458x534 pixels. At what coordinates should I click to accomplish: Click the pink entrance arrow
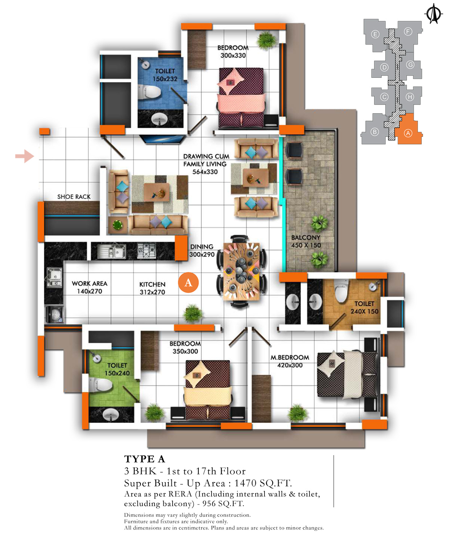[25, 156]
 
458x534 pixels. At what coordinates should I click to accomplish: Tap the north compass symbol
[434, 14]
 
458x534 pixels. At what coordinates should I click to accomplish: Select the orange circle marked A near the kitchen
[188, 283]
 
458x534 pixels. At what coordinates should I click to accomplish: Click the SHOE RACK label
[74, 197]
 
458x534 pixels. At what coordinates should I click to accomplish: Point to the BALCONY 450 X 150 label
[306, 241]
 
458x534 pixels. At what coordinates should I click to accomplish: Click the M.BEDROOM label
[290, 357]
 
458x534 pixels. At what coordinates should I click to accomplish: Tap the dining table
[242, 271]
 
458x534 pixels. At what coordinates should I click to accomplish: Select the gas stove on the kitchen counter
[146, 251]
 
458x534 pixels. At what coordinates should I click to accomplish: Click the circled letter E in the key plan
[375, 34]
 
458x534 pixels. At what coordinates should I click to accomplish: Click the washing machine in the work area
[55, 314]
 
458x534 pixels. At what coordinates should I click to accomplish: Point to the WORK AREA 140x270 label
[89, 287]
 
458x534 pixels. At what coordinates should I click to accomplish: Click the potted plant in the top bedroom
[266, 40]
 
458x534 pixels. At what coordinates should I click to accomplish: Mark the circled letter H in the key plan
[410, 97]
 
